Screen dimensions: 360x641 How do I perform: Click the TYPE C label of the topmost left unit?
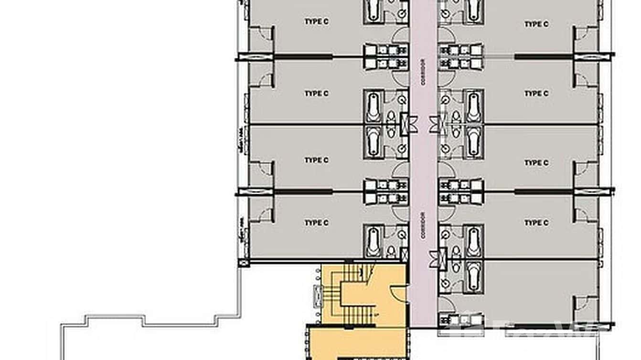point(316,21)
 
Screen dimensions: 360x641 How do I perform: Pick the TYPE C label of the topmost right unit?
point(536,24)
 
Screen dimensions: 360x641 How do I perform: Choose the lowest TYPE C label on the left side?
point(316,222)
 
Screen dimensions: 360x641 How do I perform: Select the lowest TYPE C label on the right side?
point(536,222)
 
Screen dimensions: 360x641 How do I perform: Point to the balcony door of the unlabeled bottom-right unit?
point(581,303)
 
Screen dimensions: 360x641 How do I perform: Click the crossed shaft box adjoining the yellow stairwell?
point(405,254)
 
